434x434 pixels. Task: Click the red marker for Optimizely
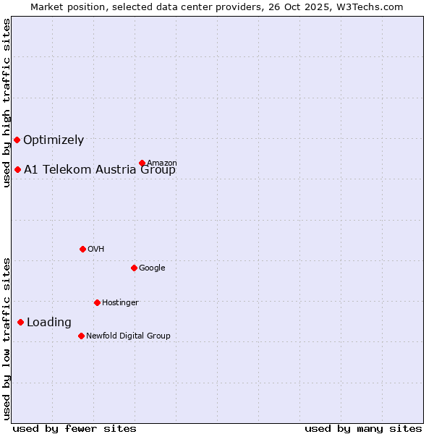click(17, 140)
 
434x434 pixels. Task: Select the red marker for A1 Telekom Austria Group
click(17, 169)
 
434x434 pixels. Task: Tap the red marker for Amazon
click(142, 163)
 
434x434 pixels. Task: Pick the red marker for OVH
click(82, 249)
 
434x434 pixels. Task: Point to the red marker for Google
click(134, 268)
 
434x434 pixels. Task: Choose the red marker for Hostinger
click(97, 302)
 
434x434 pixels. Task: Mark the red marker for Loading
click(20, 322)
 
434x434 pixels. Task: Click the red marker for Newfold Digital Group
click(81, 336)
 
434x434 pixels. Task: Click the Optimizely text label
click(54, 140)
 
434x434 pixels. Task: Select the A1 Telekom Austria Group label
click(100, 170)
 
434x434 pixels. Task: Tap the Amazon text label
click(162, 163)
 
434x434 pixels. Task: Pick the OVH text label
click(96, 249)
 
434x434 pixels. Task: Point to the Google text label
click(152, 268)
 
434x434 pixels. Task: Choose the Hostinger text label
click(120, 302)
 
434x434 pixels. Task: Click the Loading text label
click(49, 323)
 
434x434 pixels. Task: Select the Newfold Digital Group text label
click(128, 336)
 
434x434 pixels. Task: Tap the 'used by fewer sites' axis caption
click(75, 428)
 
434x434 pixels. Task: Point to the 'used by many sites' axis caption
click(363, 428)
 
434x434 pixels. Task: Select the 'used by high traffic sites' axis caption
click(7, 103)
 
